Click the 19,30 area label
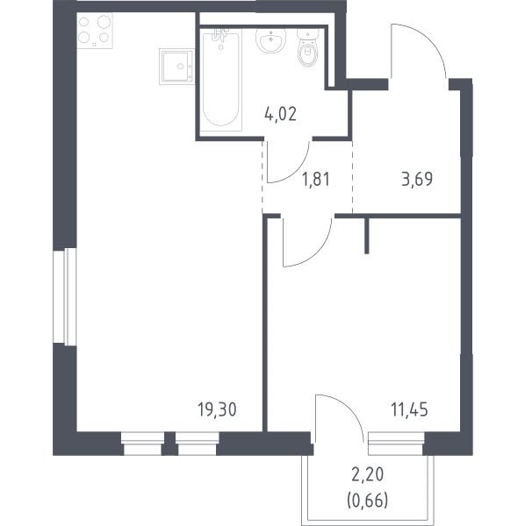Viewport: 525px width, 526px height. pos(217,409)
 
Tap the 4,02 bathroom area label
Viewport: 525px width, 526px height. pos(280,114)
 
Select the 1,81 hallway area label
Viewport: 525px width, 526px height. pos(316,179)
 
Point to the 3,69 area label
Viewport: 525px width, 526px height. pos(417,179)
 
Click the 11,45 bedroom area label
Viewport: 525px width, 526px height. pos(409,409)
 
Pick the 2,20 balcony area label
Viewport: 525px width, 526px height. pos(368,474)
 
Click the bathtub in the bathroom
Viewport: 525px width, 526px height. pos(221,79)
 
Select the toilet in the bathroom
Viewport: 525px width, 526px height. pos(307,47)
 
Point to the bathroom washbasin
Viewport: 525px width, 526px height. pos(270,40)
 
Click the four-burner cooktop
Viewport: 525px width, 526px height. pos(95,31)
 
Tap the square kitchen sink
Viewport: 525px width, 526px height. pos(176,67)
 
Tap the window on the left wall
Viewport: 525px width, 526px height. pos(65,296)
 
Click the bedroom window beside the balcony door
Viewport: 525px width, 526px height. pos(396,444)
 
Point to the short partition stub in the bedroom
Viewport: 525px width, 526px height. pos(367,236)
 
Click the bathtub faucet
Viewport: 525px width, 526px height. pos(220,37)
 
